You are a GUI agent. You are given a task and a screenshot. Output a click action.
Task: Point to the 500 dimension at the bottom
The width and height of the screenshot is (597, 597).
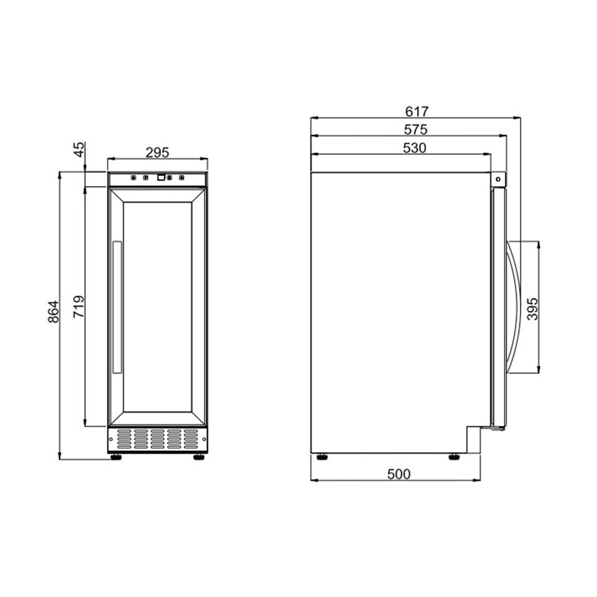pos(399,474)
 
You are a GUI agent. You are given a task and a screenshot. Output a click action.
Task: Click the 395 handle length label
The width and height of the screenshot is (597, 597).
pos(532,308)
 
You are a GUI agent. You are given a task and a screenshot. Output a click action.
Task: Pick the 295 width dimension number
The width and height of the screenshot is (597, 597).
pos(157,152)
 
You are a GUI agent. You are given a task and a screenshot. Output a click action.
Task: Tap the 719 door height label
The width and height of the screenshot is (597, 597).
pos(79,307)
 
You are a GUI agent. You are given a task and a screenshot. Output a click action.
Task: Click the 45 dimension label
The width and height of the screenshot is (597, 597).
pos(78,150)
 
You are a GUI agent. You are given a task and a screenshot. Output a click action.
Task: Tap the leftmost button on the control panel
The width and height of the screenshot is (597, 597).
pos(133,178)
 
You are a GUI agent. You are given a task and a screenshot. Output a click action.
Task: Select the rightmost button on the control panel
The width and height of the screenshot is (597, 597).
pos(182,178)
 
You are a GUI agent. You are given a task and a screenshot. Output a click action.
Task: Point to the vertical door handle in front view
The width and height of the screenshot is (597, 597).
pos(116,308)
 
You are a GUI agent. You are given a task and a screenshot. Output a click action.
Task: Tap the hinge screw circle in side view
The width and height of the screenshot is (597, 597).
pos(498,179)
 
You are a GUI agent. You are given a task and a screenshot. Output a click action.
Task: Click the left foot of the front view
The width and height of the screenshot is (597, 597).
pos(116,457)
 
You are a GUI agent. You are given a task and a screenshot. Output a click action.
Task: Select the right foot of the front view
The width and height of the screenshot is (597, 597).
pos(198,457)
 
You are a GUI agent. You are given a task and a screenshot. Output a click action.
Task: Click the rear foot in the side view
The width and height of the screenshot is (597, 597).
pos(322,458)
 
